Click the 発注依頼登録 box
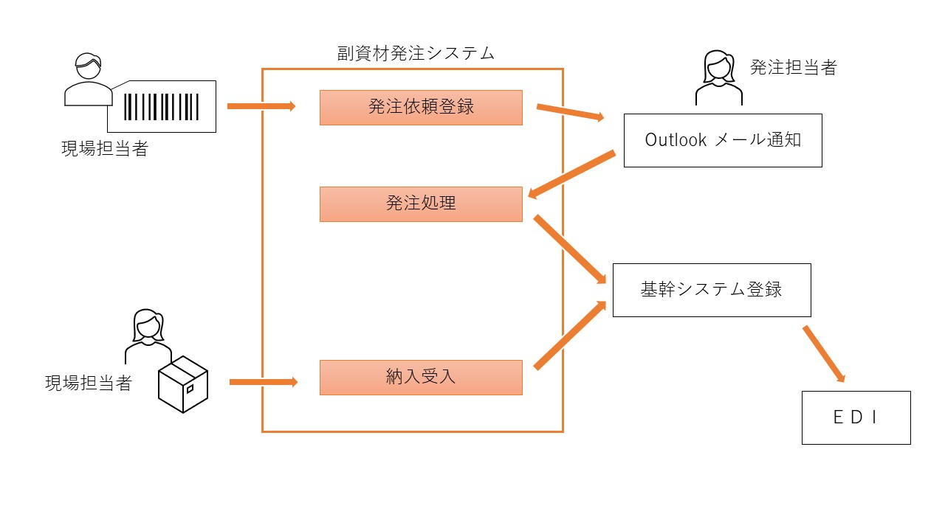[x=421, y=108]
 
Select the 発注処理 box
[x=421, y=204]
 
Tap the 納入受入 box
[x=421, y=377]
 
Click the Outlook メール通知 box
[x=723, y=140]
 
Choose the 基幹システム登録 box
[x=712, y=290]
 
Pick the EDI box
[x=856, y=417]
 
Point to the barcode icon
[x=162, y=106]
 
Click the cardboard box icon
[x=183, y=384]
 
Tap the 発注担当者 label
[x=794, y=68]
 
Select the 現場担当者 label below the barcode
[x=105, y=148]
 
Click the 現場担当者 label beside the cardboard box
[x=89, y=383]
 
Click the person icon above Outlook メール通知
[x=718, y=77]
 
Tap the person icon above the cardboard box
[x=148, y=336]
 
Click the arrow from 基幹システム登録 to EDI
[x=824, y=354]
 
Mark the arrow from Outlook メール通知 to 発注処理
[x=571, y=174]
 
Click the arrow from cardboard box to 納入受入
[x=264, y=382]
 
